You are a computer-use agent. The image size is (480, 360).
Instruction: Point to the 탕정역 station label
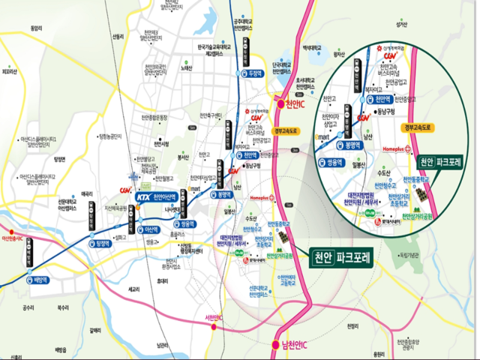click(x=103, y=243)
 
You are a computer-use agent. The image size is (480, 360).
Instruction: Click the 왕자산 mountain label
click(x=338, y=54)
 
